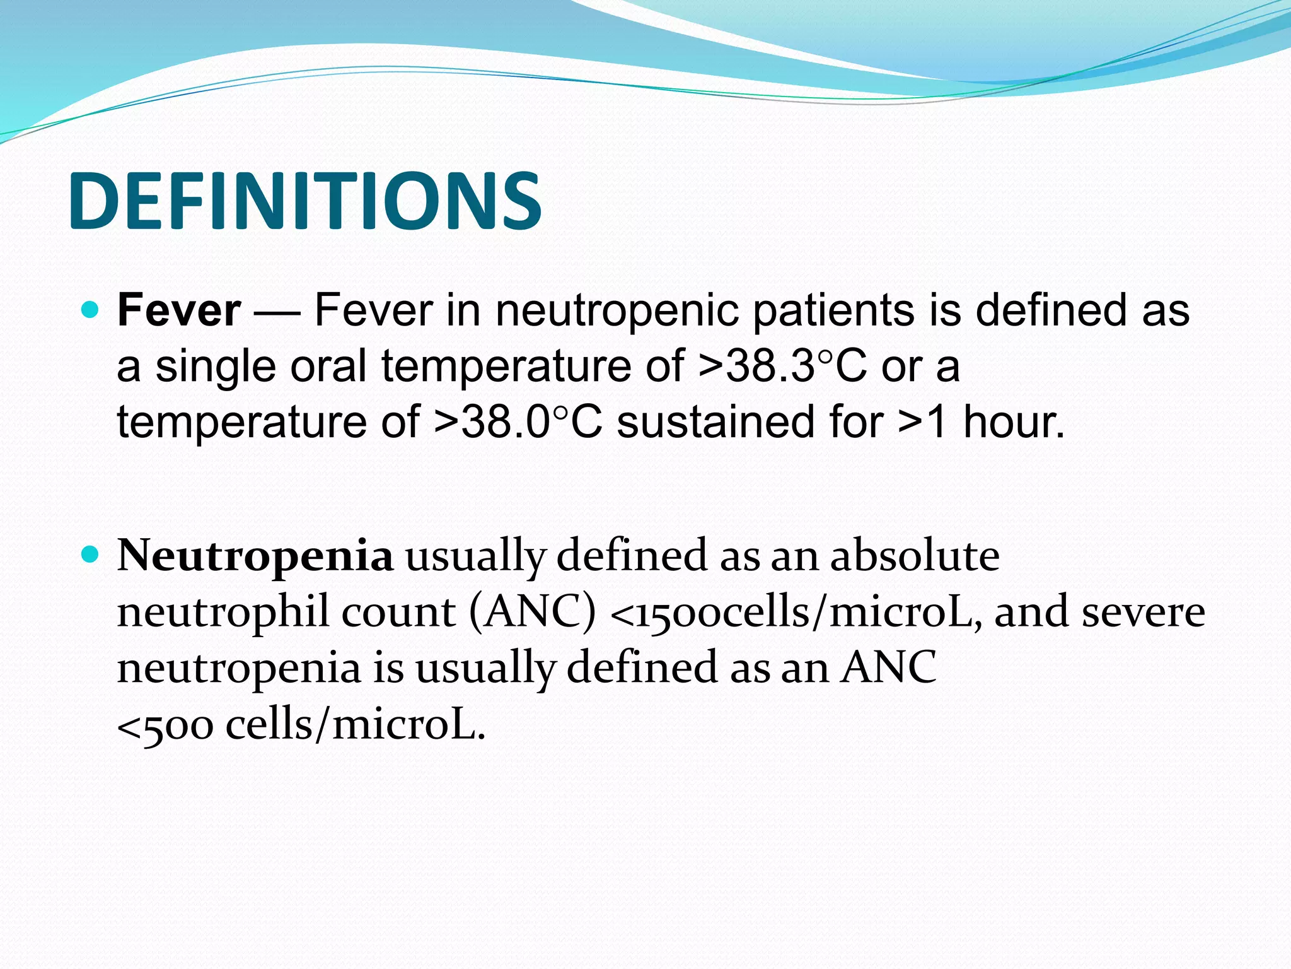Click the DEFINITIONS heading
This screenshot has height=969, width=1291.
(305, 201)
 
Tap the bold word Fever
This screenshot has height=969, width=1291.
(178, 310)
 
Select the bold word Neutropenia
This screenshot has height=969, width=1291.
(255, 556)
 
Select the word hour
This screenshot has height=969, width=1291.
(1014, 422)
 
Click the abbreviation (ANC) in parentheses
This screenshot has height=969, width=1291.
(533, 612)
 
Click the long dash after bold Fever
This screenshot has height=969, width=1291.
(277, 312)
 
